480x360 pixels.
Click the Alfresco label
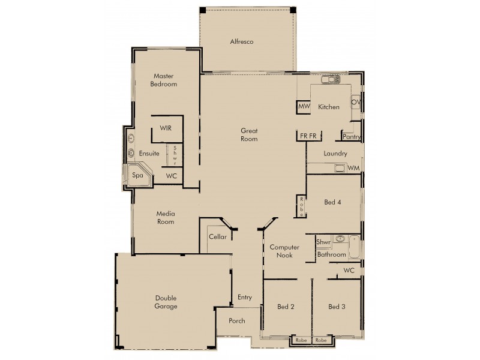pyautogui.click(x=242, y=42)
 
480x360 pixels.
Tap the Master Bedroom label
pyautogui.click(x=164, y=80)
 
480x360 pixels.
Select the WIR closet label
pyautogui.click(x=166, y=128)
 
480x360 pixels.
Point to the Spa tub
pyautogui.click(x=137, y=176)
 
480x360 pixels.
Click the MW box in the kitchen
pyautogui.click(x=304, y=107)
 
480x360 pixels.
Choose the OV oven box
pyautogui.click(x=355, y=102)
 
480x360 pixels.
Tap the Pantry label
pyautogui.click(x=351, y=137)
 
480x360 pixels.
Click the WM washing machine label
pyautogui.click(x=353, y=167)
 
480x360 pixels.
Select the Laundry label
pyautogui.click(x=335, y=154)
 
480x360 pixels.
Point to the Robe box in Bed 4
pyautogui.click(x=302, y=206)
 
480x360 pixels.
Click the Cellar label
pyautogui.click(x=218, y=237)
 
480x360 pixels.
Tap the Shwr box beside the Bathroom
pyautogui.click(x=323, y=242)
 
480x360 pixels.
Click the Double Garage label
pyautogui.click(x=166, y=302)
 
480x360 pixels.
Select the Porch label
pyautogui.click(x=237, y=321)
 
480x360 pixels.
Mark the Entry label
pyautogui.click(x=245, y=297)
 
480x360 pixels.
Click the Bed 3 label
pyautogui.click(x=336, y=307)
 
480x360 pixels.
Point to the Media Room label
pyautogui.click(x=166, y=218)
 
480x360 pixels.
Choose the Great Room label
pyautogui.click(x=249, y=135)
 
